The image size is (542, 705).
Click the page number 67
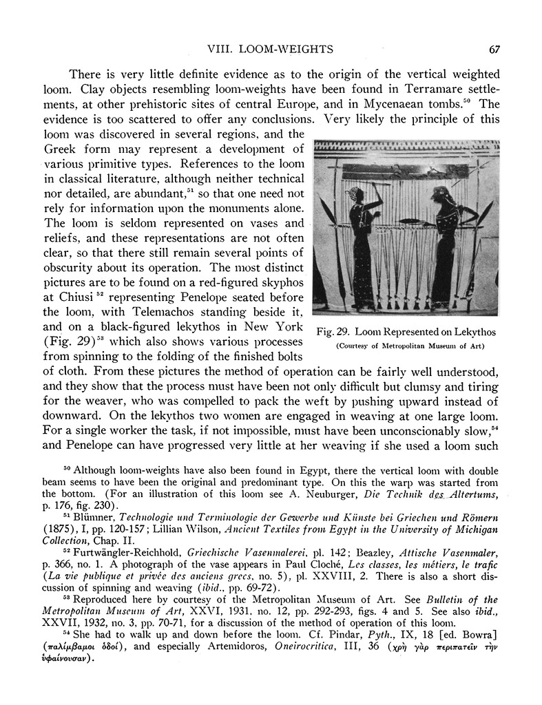(493, 49)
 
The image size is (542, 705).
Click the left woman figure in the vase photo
(362, 238)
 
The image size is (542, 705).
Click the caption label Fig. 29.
(333, 332)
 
